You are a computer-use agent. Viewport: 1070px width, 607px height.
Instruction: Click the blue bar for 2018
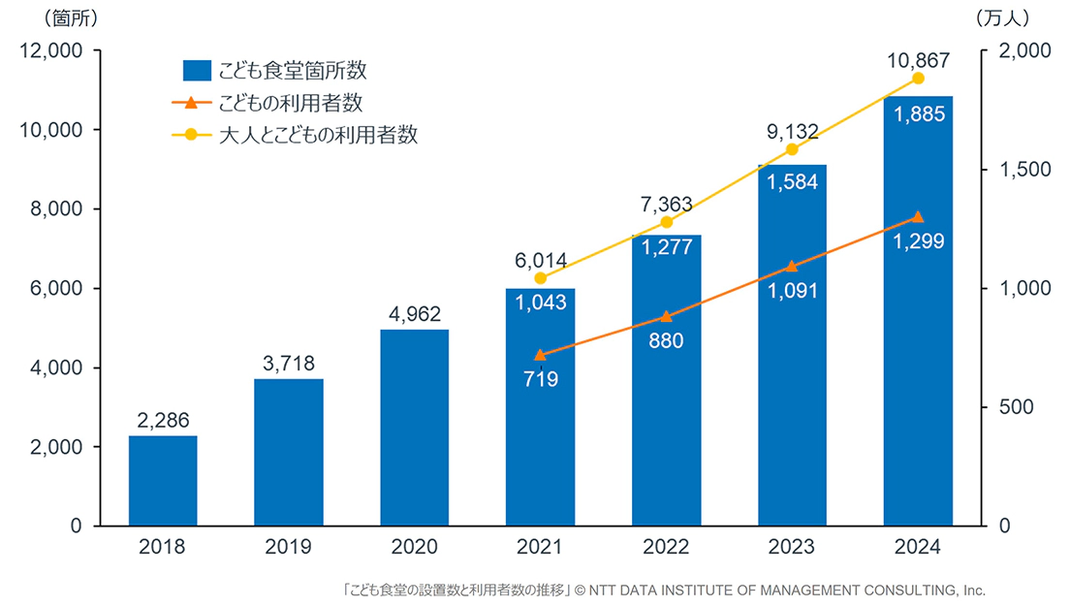click(x=163, y=481)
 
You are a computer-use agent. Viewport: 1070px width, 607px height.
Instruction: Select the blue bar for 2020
click(x=414, y=428)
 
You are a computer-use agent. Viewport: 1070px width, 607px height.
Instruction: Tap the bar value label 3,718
click(x=289, y=365)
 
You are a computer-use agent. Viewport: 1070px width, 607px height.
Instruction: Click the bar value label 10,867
click(x=918, y=61)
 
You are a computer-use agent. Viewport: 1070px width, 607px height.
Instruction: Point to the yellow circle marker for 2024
click(x=918, y=79)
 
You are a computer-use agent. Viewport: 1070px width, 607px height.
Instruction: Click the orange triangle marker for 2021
click(x=540, y=355)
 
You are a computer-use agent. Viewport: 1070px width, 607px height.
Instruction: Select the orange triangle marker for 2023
click(x=792, y=266)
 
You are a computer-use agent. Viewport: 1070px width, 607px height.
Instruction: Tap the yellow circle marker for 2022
click(x=666, y=222)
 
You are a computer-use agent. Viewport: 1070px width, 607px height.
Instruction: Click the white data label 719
click(x=540, y=379)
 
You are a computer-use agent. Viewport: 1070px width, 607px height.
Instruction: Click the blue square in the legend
click(x=198, y=71)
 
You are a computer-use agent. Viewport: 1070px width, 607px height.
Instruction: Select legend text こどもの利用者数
click(x=291, y=103)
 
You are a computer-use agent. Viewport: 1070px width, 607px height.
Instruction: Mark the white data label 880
click(x=666, y=341)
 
